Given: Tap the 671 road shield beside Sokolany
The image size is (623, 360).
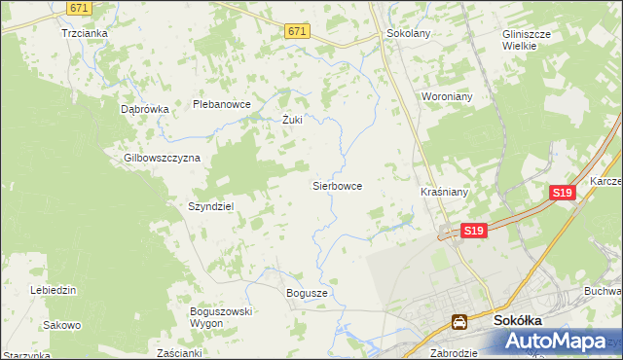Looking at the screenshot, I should (298, 31).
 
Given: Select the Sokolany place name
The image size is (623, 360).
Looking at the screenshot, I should (409, 32).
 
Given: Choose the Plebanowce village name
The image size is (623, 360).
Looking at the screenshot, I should (222, 104).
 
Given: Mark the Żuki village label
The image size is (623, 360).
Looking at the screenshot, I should (292, 121).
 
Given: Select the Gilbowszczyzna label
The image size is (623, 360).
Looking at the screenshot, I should (162, 158).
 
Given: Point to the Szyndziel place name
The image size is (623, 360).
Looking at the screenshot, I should (210, 206).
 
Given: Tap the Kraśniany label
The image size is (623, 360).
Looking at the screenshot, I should (445, 193).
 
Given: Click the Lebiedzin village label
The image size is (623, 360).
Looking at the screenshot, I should (54, 290).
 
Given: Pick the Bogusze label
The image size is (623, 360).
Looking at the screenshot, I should (307, 292).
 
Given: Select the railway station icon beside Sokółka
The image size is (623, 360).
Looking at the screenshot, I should (458, 321).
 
